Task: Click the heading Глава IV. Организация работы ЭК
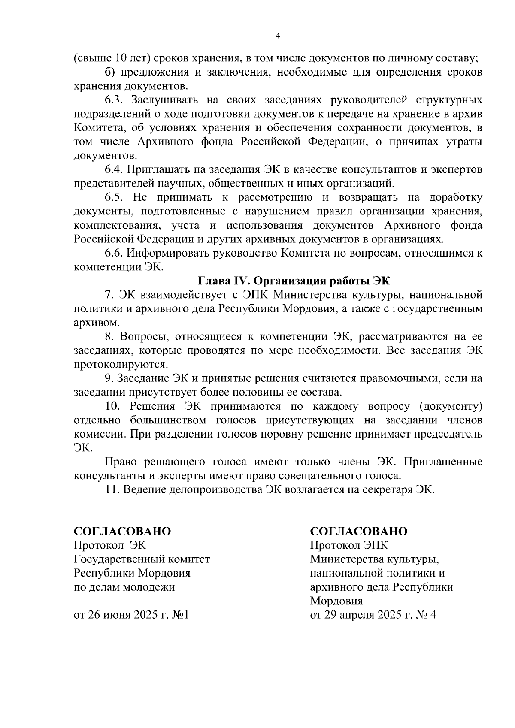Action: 294,281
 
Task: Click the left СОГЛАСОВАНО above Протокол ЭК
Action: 122,531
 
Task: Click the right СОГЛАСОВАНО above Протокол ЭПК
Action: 359,531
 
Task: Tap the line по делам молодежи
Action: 124,587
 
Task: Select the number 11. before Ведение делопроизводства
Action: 112,489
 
